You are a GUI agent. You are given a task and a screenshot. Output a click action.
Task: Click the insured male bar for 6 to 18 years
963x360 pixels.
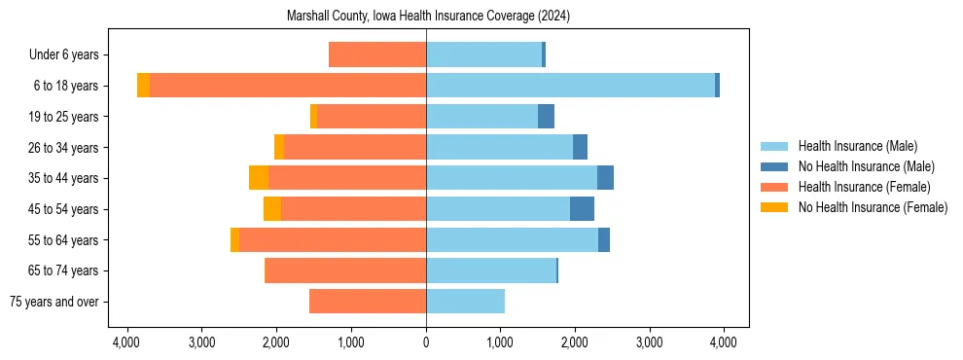[570, 86]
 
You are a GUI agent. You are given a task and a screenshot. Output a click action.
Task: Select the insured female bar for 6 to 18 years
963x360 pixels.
[288, 86]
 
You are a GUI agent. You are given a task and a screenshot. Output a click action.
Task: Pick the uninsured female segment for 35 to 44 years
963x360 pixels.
[259, 178]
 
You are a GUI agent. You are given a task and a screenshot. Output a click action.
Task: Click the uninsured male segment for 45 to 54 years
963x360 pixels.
[582, 209]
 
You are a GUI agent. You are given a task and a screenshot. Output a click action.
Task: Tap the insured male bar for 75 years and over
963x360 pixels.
[465, 302]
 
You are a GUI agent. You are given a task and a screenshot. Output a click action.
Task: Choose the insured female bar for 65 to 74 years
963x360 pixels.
[345, 270]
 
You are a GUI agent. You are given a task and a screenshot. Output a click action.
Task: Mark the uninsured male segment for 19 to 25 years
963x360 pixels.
[546, 117]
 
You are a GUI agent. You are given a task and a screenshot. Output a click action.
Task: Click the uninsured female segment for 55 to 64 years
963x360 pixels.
[234, 240]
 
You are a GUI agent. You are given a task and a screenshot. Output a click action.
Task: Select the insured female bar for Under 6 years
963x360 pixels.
[377, 55]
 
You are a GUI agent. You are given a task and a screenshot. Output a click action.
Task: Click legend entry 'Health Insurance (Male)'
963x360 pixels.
[857, 146]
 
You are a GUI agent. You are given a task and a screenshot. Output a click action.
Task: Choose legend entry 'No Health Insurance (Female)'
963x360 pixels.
[873, 207]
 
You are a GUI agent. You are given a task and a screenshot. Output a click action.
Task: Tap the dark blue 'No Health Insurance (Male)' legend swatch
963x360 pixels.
[775, 166]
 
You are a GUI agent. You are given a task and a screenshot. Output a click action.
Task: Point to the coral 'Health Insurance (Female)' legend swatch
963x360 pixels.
[775, 187]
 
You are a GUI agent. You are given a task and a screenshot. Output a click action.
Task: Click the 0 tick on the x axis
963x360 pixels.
[426, 342]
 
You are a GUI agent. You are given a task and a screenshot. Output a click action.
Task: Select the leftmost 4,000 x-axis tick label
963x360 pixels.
[127, 342]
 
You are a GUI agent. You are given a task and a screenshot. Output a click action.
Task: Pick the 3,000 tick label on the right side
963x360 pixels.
[649, 342]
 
